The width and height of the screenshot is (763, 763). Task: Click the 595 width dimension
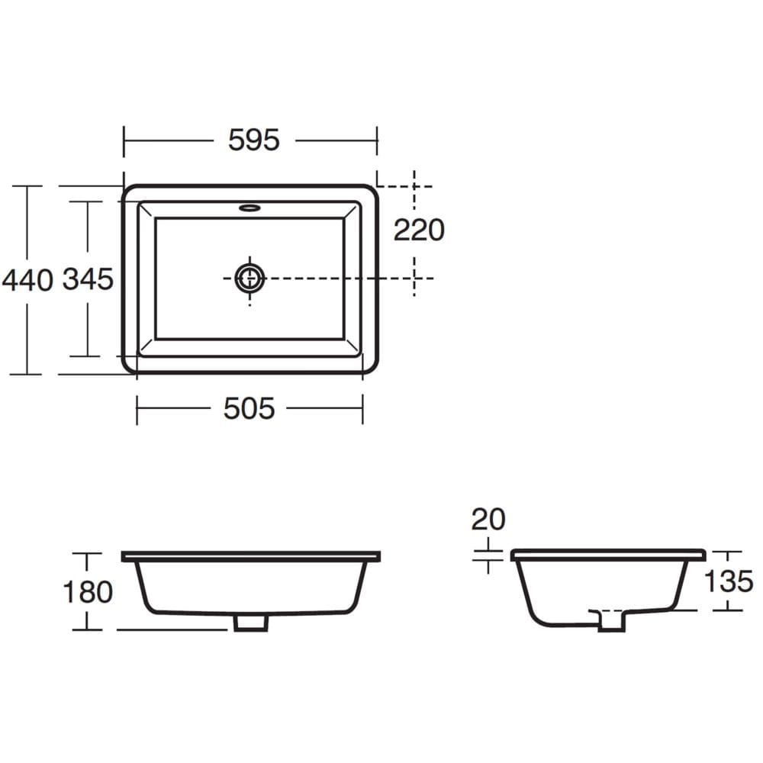254,140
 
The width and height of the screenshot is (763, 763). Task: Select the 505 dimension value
249,409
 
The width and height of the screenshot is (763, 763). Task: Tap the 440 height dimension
27,280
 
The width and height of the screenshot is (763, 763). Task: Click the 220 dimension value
418,230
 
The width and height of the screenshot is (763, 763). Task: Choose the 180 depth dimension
88,591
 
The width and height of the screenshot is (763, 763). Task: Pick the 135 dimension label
728,581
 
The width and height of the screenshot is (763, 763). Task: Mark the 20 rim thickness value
488,520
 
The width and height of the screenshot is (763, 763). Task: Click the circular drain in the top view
250,278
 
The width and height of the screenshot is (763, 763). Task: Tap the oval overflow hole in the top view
250,206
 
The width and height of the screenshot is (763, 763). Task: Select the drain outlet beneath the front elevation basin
250,622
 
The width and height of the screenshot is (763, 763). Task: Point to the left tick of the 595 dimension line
124,140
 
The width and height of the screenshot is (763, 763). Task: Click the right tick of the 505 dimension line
362,410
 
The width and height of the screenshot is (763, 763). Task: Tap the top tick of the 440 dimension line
28,185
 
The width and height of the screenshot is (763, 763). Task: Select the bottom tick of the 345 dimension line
86,356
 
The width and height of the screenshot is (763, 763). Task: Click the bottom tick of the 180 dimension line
87,630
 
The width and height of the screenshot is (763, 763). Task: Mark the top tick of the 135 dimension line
730,551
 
